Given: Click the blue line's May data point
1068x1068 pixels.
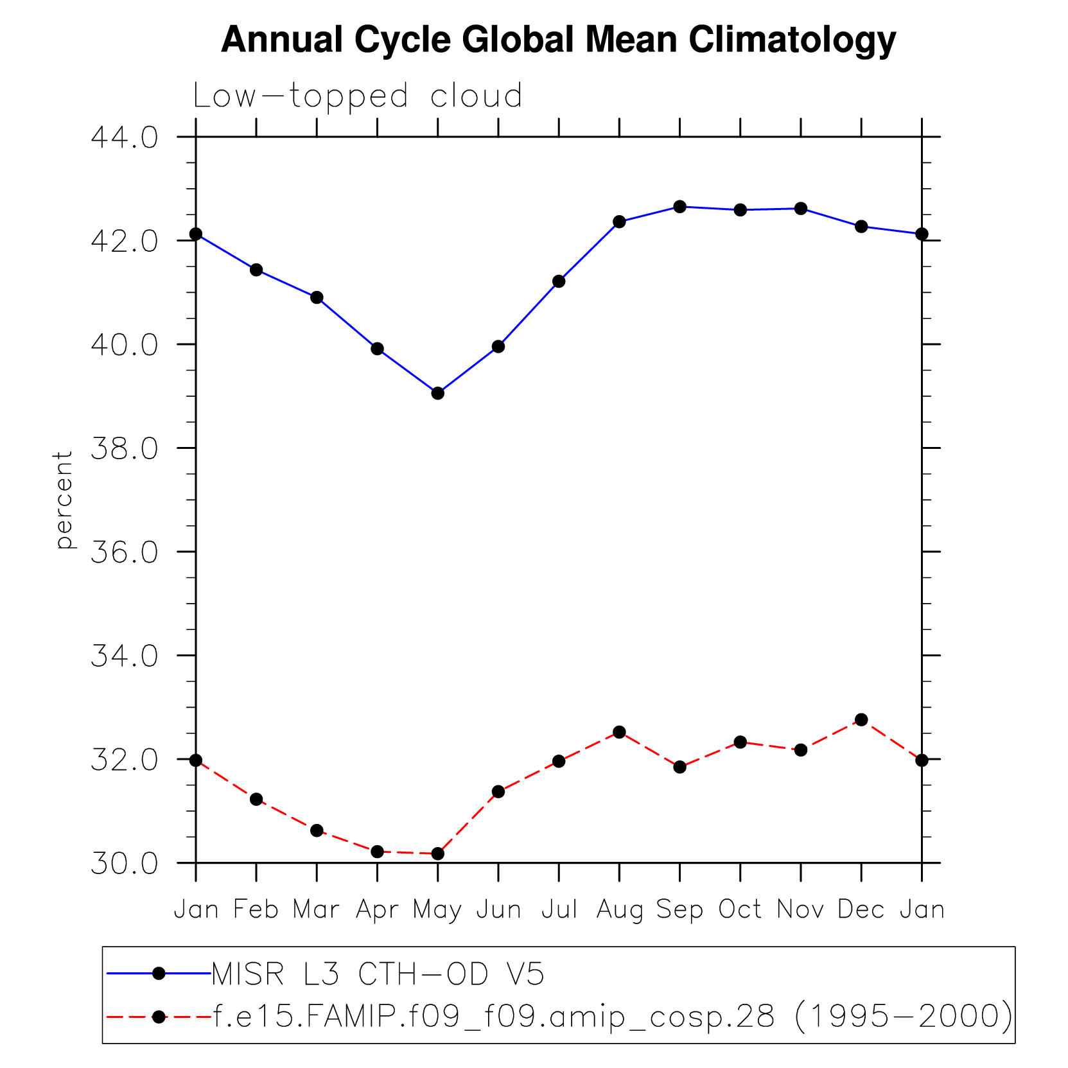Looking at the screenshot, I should click(437, 393).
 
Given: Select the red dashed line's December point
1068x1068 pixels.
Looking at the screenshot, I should click(861, 719).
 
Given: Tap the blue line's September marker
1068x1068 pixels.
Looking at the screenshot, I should click(679, 207).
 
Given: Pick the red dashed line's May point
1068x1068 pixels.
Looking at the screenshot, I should click(437, 854).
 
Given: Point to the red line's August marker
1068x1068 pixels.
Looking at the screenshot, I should click(619, 732).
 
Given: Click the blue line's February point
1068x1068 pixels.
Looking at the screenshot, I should click(256, 270).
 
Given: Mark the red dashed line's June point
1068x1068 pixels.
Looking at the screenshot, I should click(498, 792).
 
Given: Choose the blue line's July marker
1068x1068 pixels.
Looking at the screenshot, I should click(559, 281).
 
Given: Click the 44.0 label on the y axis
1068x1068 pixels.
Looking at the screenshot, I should click(124, 137).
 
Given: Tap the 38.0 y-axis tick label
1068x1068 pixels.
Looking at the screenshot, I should click(124, 449).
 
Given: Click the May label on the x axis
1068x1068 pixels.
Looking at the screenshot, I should click(437, 910).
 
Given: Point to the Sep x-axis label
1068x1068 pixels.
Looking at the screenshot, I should click(679, 910).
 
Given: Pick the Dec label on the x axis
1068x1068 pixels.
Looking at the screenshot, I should click(861, 909).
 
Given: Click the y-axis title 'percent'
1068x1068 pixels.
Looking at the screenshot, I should click(64, 500).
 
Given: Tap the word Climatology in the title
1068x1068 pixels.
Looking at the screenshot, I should click(792, 40).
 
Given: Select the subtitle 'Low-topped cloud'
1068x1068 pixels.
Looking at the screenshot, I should click(358, 96).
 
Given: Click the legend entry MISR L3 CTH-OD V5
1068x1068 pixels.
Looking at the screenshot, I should click(378, 974).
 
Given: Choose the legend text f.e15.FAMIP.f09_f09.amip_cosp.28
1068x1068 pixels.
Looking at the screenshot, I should click(494, 1017).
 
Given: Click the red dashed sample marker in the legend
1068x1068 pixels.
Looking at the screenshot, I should click(159, 1017).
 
